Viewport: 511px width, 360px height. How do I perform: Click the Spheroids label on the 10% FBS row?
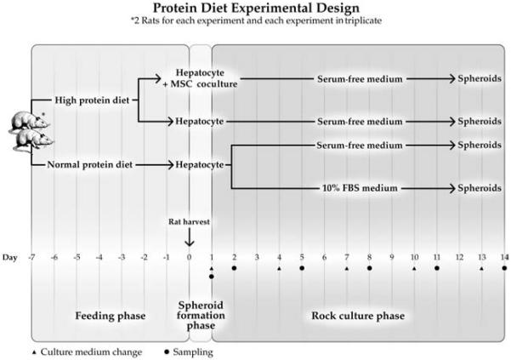pos(480,186)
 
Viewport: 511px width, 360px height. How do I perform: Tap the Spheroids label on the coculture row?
pos(480,78)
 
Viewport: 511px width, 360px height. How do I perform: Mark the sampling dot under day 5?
pos(302,268)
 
